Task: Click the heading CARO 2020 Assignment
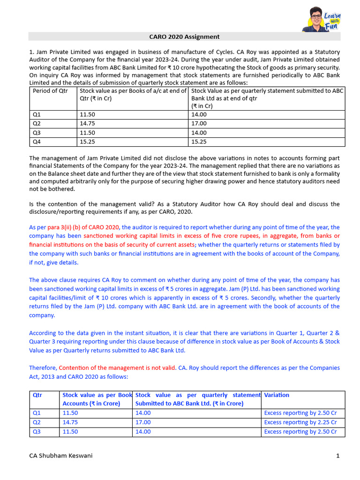click(x=184, y=37)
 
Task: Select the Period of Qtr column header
click(x=50, y=90)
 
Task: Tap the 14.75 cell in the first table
click(x=87, y=123)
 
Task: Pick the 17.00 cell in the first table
click(x=199, y=123)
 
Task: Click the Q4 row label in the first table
click(x=37, y=142)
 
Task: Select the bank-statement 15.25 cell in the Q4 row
click(x=199, y=142)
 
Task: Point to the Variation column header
click(x=277, y=395)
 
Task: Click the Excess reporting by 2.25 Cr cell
click(x=300, y=422)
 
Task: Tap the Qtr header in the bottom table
click(x=37, y=395)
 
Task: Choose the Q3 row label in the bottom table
click(x=37, y=431)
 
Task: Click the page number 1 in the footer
click(x=337, y=456)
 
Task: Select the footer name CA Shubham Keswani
click(x=60, y=456)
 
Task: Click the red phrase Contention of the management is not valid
click(x=118, y=368)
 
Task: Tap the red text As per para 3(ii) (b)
click(x=75, y=227)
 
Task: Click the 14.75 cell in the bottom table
click(x=70, y=422)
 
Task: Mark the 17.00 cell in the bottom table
click(x=143, y=422)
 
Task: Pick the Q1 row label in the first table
click(x=37, y=114)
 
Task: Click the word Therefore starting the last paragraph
click(x=43, y=368)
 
